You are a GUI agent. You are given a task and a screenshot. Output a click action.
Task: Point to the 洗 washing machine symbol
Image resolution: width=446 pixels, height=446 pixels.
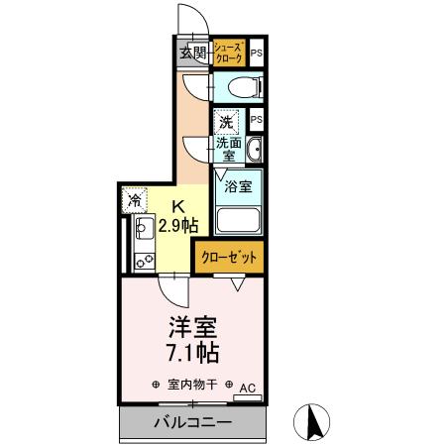[x=227, y=123]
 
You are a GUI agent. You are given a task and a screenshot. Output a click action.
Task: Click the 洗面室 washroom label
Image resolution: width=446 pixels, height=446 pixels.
[x=227, y=150]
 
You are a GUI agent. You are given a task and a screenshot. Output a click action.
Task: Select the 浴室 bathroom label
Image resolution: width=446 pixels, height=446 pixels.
[x=236, y=185]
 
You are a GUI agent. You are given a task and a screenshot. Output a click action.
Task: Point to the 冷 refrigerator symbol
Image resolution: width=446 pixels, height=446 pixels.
[x=134, y=200]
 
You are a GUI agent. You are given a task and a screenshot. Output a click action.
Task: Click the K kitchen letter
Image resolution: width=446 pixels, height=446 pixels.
[x=179, y=207]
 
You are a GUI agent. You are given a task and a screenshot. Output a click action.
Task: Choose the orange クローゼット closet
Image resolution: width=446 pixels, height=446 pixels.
[x=229, y=257]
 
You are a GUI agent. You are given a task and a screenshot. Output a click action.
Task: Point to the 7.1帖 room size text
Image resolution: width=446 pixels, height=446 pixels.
[x=192, y=352]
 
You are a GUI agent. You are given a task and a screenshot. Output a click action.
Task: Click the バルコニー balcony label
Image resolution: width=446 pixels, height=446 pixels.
[x=192, y=423]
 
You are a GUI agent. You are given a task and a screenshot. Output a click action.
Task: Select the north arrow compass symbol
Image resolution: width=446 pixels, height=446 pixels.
[x=316, y=421]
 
